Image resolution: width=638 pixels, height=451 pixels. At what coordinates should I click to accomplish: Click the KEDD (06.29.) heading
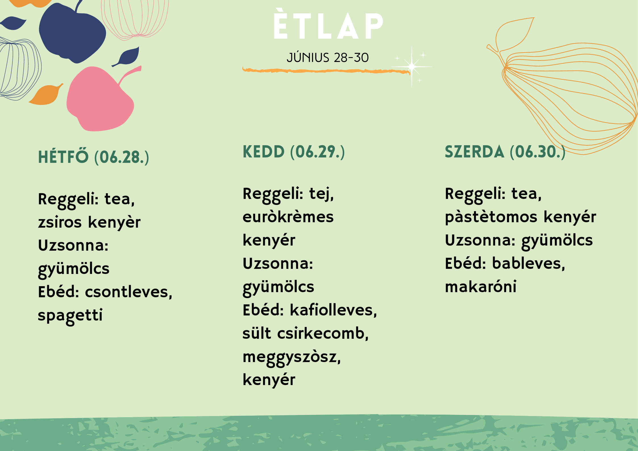pyautogui.click(x=294, y=152)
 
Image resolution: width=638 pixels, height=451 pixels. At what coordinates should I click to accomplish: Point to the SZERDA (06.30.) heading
pyautogui.click(x=505, y=152)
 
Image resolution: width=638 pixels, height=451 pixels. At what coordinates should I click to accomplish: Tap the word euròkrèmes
pyautogui.click(x=288, y=217)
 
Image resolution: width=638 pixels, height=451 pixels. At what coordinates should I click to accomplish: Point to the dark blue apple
pyautogui.click(x=72, y=33)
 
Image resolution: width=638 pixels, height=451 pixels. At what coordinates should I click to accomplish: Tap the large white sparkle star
pyautogui.click(x=412, y=67)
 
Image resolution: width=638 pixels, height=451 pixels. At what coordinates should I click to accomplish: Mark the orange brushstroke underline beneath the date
pyautogui.click(x=326, y=71)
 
